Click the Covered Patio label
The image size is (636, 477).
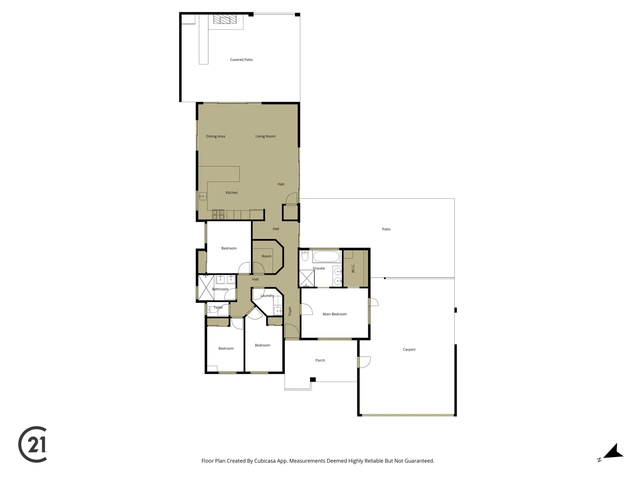[241, 60]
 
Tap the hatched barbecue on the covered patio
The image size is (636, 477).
[225, 19]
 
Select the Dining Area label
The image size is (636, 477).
[215, 136]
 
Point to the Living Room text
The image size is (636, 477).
[265, 136]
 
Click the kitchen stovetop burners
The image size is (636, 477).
[218, 215]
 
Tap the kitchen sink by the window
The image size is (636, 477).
[203, 196]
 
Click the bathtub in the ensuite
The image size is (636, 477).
[326, 257]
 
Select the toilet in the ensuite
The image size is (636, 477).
[305, 256]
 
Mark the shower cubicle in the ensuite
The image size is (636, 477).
[307, 278]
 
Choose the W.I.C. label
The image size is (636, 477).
[353, 268]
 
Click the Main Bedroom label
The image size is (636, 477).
[334, 314]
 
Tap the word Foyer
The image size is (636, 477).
[290, 311]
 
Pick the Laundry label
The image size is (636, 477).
[267, 295]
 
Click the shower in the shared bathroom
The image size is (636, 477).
[205, 287]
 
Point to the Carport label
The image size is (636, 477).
[409, 349]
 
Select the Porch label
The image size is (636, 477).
[320, 360]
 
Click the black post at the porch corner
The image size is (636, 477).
[313, 379]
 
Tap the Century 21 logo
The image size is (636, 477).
[33, 444]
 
